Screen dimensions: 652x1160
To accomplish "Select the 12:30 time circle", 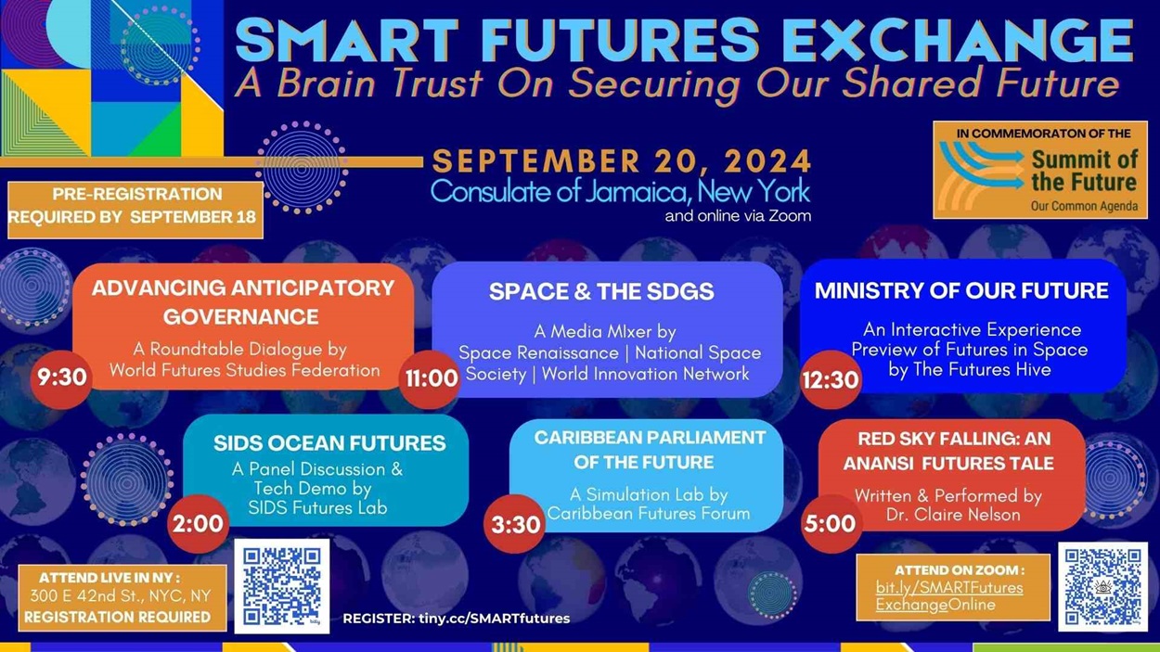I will [831, 378].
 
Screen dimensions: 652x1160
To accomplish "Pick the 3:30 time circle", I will [515, 525].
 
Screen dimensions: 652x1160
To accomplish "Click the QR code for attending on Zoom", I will [1102, 586].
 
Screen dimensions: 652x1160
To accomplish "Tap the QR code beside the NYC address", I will [281, 585].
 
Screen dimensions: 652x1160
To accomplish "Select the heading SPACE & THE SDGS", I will [601, 291].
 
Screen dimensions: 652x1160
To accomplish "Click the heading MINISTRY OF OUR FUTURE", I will [961, 290].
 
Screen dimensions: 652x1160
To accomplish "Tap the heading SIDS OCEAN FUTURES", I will [329, 443].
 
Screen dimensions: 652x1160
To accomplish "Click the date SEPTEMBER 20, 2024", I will [622, 161].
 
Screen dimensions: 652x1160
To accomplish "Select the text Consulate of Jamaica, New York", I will [620, 192].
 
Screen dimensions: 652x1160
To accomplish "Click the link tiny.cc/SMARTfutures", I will [494, 618].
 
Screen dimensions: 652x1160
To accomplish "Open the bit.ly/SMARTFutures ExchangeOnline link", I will [948, 596].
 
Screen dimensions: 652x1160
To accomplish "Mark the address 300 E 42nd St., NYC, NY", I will [120, 595].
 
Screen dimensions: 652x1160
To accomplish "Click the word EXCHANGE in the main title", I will [957, 42].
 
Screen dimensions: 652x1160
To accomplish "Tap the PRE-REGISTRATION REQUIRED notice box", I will [135, 207].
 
